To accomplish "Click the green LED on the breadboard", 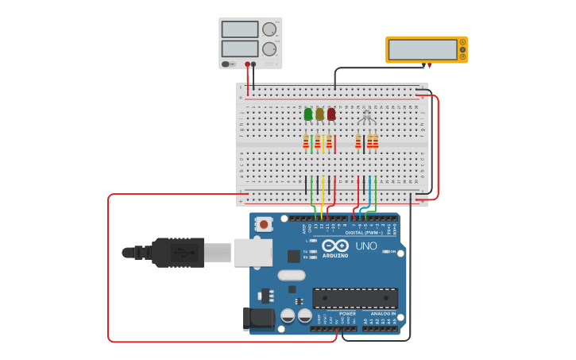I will click(x=308, y=114).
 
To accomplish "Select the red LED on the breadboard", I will click(x=331, y=114).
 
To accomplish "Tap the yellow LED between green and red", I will click(x=319, y=114).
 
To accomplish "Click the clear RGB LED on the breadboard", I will click(x=366, y=117).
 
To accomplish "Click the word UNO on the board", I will click(x=366, y=246).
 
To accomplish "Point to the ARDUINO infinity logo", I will click(x=335, y=246).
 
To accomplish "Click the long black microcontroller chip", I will click(x=355, y=298).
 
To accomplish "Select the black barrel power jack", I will click(x=259, y=319).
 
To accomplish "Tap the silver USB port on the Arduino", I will click(x=253, y=253).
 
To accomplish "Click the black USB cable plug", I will click(x=178, y=253).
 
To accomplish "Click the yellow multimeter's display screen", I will click(x=423, y=49).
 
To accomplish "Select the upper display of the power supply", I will click(x=240, y=29).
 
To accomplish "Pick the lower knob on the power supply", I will click(x=269, y=48).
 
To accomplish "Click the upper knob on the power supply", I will click(x=269, y=29).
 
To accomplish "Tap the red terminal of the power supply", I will click(x=248, y=64).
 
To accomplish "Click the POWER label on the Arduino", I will click(x=347, y=313).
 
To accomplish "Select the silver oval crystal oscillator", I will click(x=292, y=275).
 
